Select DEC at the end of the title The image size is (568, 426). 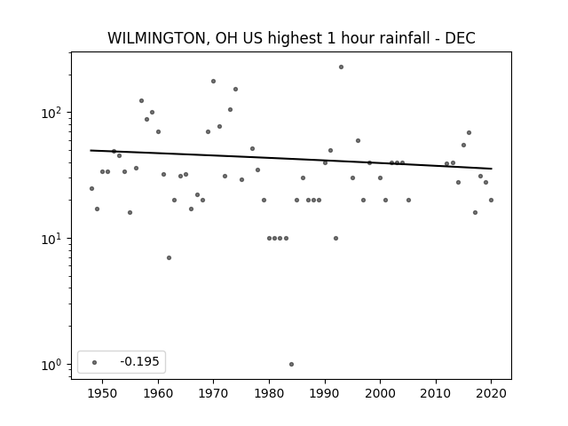(x=460, y=38)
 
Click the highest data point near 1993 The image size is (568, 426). (x=341, y=67)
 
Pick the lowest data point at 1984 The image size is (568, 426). (x=292, y=365)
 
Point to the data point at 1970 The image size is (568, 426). (x=213, y=81)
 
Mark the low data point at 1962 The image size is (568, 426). (x=170, y=258)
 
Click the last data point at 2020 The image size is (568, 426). (x=491, y=200)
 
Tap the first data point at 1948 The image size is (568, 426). (x=91, y=188)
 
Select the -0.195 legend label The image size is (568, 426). (x=139, y=361)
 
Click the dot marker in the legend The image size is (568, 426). (x=95, y=362)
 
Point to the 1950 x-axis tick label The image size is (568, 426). (x=103, y=393)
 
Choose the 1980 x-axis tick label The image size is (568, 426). (x=269, y=393)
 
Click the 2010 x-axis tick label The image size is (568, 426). (x=436, y=393)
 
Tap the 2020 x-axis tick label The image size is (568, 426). (x=491, y=393)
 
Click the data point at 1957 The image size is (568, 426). (x=141, y=100)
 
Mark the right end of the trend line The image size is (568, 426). (x=492, y=169)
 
